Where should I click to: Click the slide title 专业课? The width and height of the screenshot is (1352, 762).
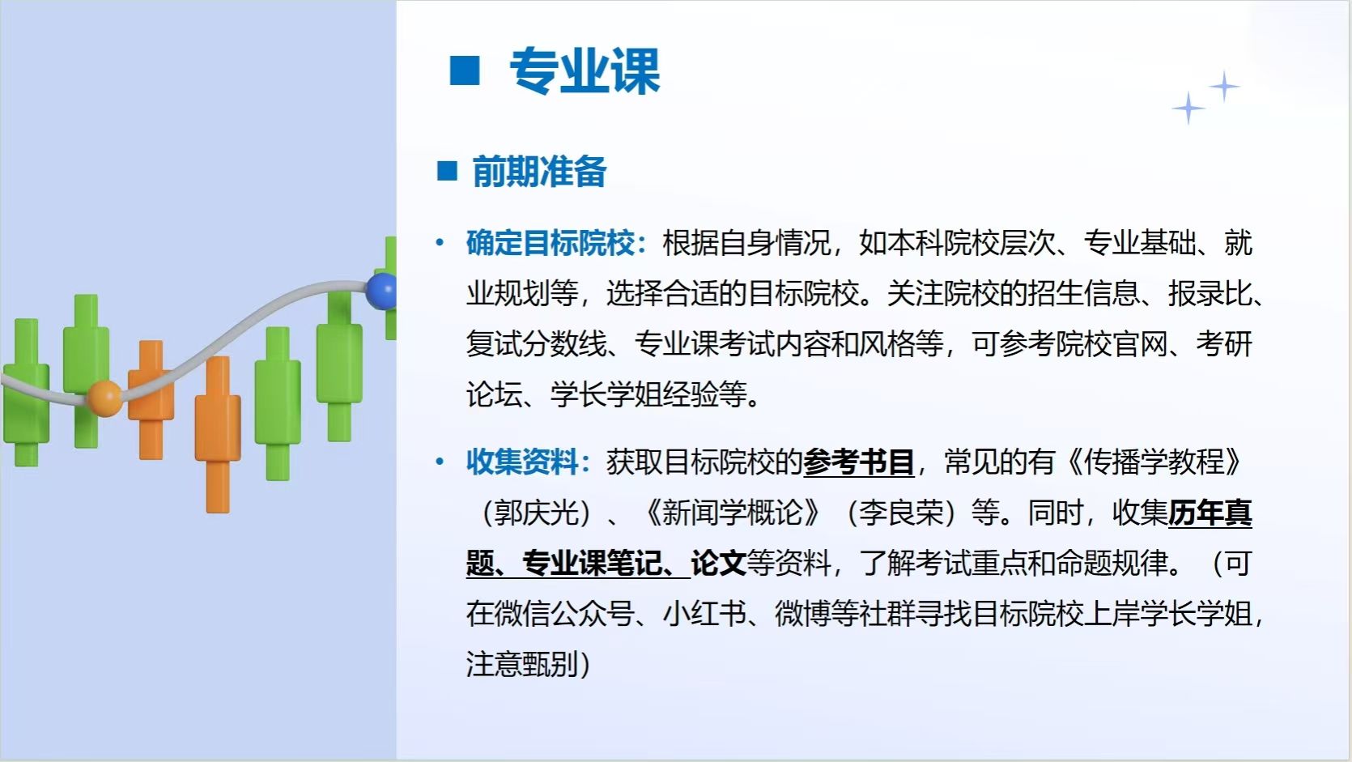[585, 70]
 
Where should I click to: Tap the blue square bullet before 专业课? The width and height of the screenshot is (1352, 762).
[465, 70]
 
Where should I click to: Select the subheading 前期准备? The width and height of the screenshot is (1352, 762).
[540, 172]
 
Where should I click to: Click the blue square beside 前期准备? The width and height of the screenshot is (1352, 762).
[447, 171]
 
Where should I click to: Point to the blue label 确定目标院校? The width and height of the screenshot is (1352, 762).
[551, 243]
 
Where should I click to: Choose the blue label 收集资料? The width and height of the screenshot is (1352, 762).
[523, 462]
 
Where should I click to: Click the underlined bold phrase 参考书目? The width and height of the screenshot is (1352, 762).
[859, 462]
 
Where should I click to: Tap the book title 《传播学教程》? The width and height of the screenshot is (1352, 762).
[1154, 462]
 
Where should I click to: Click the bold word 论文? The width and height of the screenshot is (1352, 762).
[719, 564]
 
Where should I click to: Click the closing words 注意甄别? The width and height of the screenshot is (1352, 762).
[523, 664]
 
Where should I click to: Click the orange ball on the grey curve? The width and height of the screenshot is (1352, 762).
[104, 398]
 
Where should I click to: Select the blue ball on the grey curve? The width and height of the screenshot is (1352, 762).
[381, 291]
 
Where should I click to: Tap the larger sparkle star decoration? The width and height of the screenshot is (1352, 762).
[1188, 108]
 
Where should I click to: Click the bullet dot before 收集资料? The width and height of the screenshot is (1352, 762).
[440, 462]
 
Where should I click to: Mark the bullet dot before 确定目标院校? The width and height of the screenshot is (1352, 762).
[440, 243]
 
